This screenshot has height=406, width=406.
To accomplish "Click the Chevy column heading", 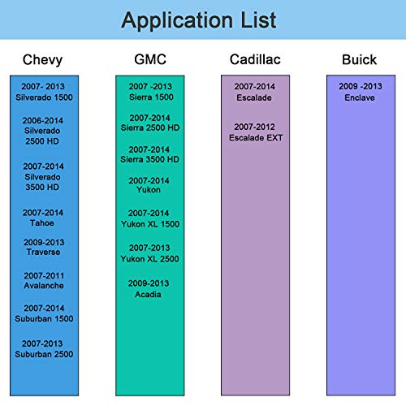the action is (42, 60).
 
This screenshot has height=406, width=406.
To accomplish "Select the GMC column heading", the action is (150, 59).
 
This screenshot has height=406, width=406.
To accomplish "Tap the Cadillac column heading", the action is (255, 59).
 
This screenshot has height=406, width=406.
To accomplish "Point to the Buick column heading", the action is (359, 59).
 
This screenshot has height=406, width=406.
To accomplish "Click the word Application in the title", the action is (177, 20).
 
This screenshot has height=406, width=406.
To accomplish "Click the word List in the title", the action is (258, 19).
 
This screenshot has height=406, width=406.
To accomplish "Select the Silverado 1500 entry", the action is (44, 97).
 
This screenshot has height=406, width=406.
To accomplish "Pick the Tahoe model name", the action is (42, 223).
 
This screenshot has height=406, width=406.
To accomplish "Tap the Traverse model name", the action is (43, 252).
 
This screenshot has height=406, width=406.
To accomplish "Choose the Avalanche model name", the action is (44, 286).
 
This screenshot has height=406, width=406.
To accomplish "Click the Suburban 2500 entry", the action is (44, 354).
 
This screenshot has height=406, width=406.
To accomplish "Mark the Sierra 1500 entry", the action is (151, 97).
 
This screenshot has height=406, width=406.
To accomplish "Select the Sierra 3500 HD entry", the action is (149, 159).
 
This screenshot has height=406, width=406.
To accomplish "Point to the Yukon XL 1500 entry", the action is (150, 224).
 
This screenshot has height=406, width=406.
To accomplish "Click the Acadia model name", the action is (148, 294).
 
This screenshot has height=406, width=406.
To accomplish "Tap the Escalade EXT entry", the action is (256, 138).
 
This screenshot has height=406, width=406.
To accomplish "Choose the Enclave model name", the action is (360, 97).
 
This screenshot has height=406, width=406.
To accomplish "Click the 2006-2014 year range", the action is (43, 120).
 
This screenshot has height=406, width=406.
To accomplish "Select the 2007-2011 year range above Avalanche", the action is (44, 276).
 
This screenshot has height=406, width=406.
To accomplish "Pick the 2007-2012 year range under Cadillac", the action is (254, 127).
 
